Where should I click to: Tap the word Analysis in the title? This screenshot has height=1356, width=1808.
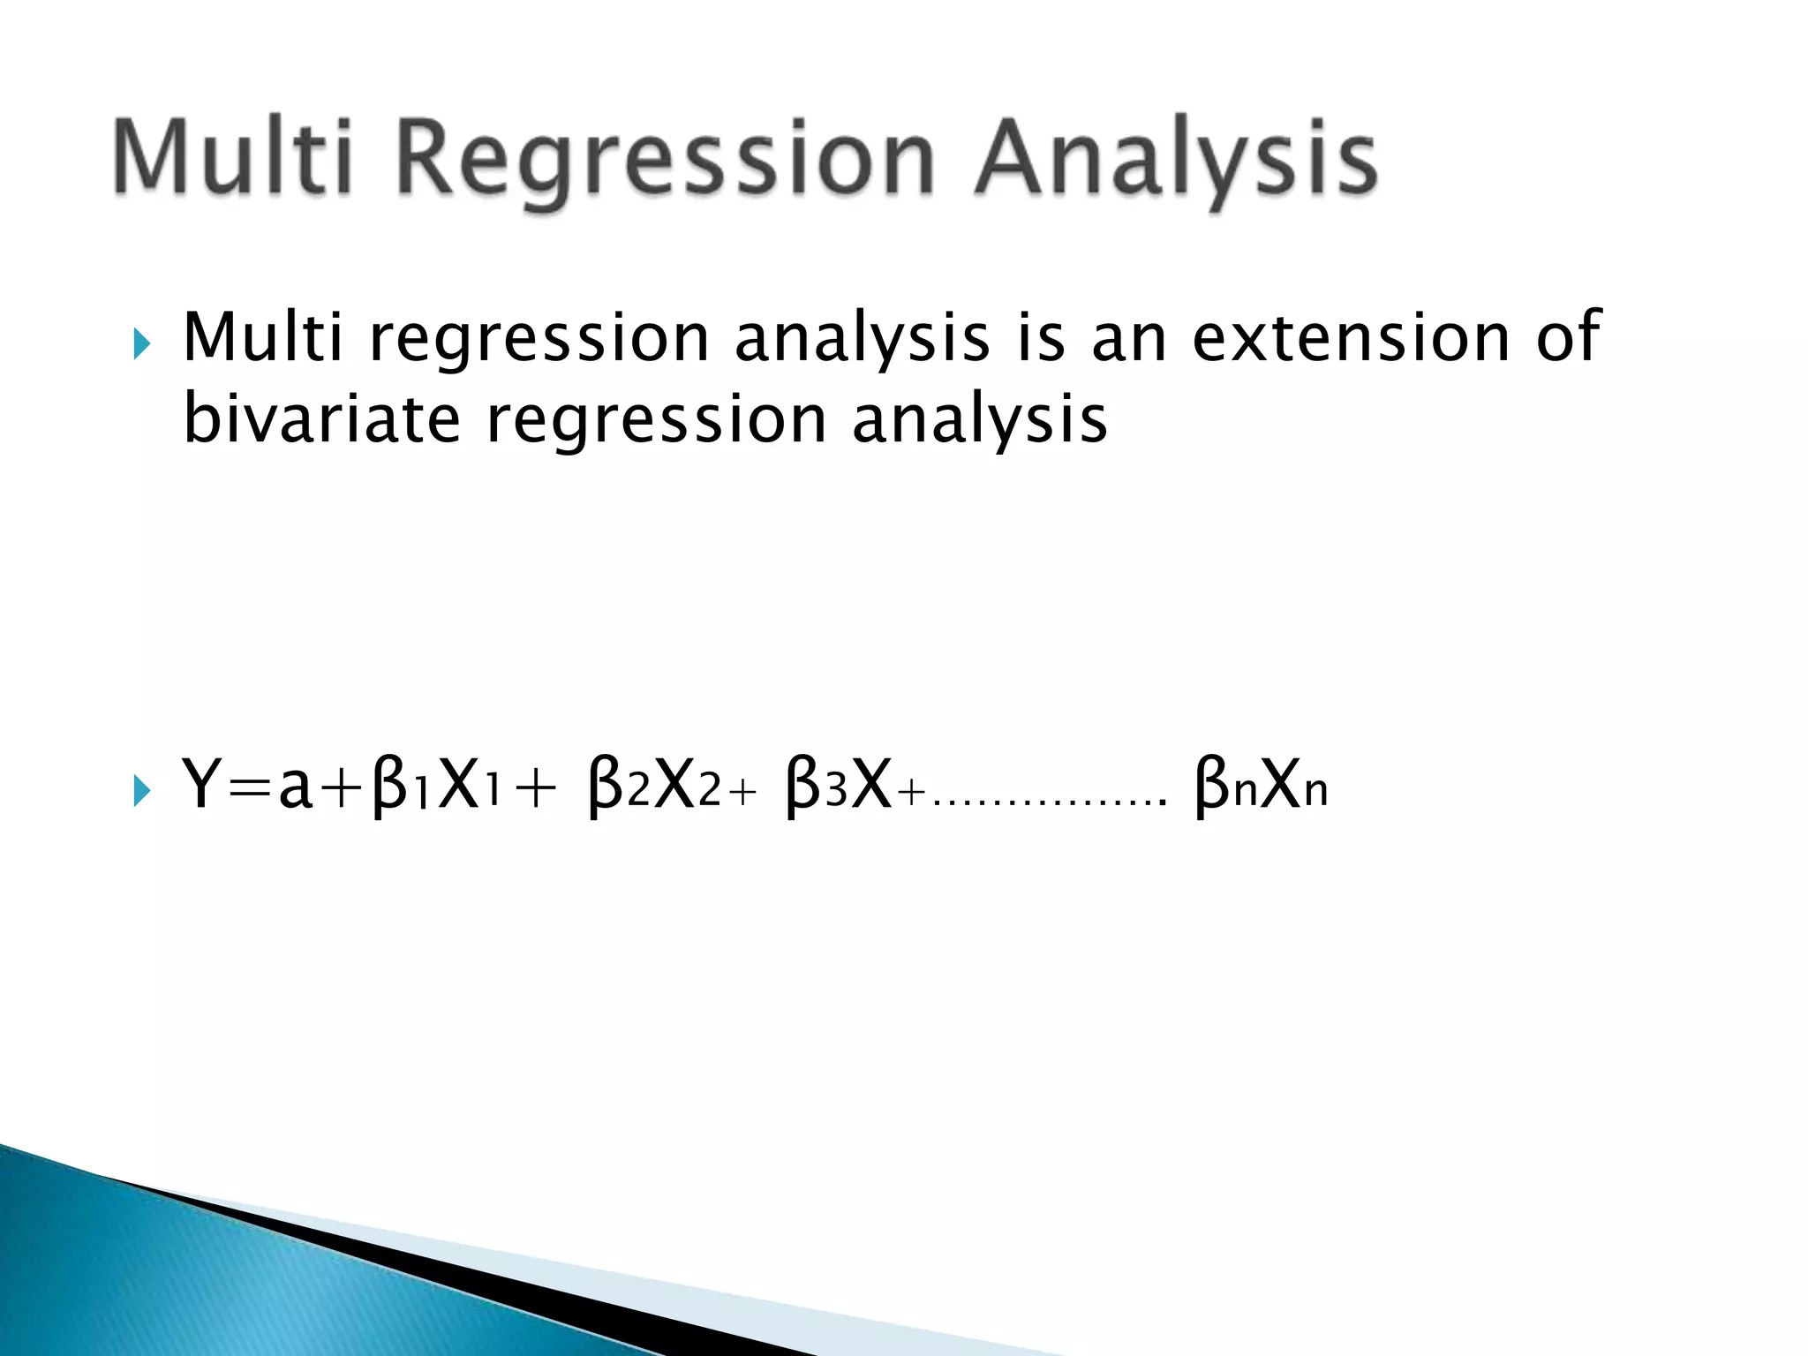pyautogui.click(x=1174, y=161)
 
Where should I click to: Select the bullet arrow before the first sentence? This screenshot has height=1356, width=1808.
pyautogui.click(x=141, y=344)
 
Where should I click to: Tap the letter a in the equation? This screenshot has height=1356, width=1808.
pyautogui.click(x=295, y=788)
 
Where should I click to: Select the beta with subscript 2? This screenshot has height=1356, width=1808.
pyautogui.click(x=606, y=786)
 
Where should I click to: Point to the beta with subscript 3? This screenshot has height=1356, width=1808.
pyautogui.click(x=803, y=786)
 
